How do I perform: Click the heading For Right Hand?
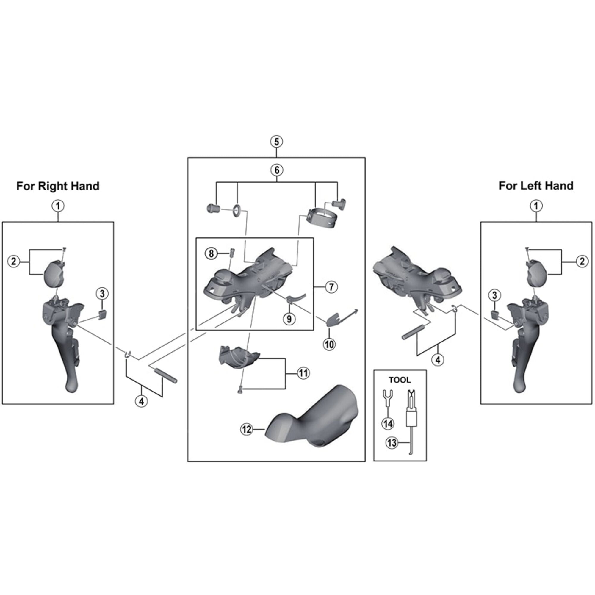pyautogui.click(x=58, y=186)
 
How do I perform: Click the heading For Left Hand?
pyautogui.click(x=536, y=186)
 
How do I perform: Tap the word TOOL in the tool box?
pyautogui.click(x=400, y=380)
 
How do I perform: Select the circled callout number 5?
pyautogui.click(x=276, y=142)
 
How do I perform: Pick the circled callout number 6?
pyautogui.click(x=276, y=170)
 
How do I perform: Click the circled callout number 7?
pyautogui.click(x=331, y=287)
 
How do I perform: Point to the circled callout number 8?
pyautogui.click(x=211, y=253)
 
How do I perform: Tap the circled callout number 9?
pyautogui.click(x=289, y=319)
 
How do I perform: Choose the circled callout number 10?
pyautogui.click(x=329, y=344)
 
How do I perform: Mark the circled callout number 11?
pyautogui.click(x=303, y=373)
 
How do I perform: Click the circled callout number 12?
pyautogui.click(x=247, y=429)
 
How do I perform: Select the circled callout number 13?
pyautogui.click(x=392, y=443)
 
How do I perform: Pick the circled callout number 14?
pyautogui.click(x=388, y=424)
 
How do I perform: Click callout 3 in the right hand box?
pyautogui.click(x=102, y=294)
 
